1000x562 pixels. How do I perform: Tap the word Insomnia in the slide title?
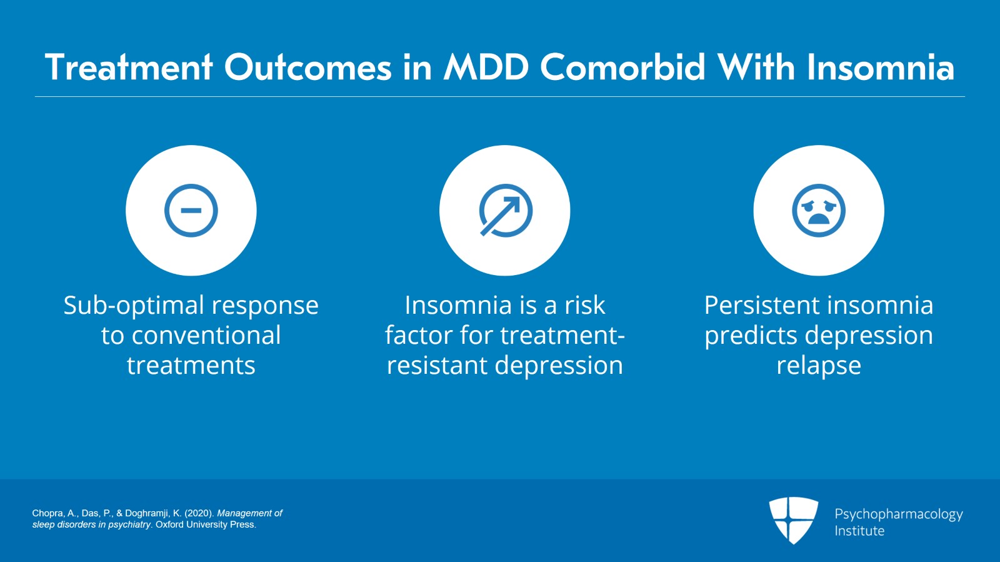coord(881,68)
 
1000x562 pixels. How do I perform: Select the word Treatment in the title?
coord(129,68)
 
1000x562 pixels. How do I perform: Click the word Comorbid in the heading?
coord(622,68)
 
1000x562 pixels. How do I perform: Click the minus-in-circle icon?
coord(191,211)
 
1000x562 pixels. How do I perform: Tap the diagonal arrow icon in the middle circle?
coord(505,211)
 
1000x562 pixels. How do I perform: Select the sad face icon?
coord(818,211)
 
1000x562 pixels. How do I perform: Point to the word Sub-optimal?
coord(133,306)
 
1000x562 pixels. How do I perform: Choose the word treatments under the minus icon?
coord(191,366)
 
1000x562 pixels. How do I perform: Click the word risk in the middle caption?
coord(584,306)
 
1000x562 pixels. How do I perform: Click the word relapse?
coord(818,366)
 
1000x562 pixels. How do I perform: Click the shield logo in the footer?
coord(793,519)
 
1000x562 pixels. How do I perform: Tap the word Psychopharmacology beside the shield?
coord(898,514)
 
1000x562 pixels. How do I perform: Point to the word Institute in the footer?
coord(859,531)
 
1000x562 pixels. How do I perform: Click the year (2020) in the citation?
coord(199,513)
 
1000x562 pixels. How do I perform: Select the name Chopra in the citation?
coord(47,513)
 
